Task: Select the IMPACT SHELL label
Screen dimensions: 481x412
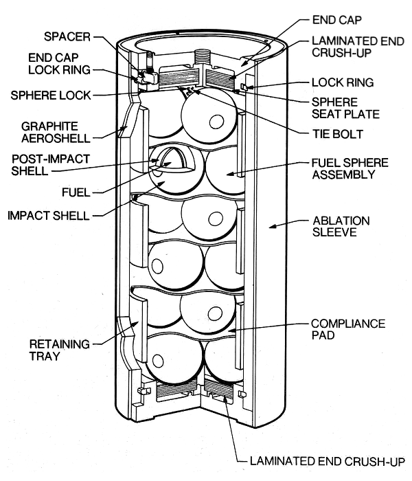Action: (49, 215)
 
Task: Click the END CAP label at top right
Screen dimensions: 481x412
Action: (336, 19)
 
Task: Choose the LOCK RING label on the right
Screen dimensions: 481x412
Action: (342, 82)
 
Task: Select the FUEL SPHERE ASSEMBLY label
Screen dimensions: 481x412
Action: (350, 168)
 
